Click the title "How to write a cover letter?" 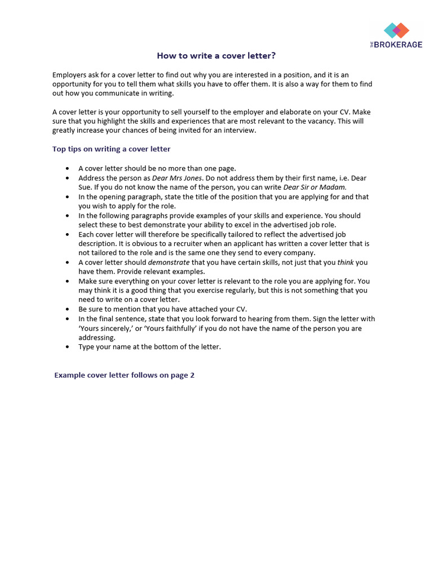(216, 55)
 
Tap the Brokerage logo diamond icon (396, 30)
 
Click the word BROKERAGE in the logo (398, 45)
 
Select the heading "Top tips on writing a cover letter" (111, 149)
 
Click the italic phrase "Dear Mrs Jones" (177, 178)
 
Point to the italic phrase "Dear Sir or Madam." (315, 187)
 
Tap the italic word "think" (345, 262)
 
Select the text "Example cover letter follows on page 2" (124, 375)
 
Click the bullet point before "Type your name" (68, 347)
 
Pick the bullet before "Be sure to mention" (68, 309)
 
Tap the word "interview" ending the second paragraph (240, 130)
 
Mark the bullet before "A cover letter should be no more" (68, 168)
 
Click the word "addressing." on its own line (97, 338)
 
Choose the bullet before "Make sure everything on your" (68, 281)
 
